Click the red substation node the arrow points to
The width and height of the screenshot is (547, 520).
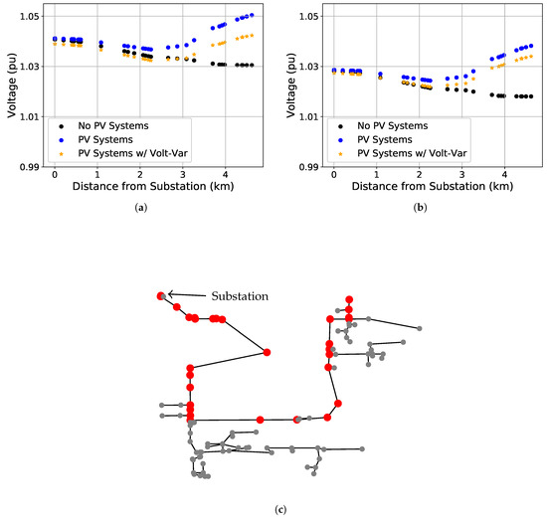[x=160, y=295]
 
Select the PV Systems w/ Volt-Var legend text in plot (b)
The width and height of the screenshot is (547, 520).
[x=412, y=154]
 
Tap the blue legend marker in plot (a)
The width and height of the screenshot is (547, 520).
[x=64, y=140]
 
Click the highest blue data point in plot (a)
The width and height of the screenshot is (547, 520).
[x=252, y=15]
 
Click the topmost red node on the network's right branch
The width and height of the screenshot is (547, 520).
[x=349, y=298]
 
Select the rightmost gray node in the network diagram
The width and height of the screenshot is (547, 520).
[x=419, y=329]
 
